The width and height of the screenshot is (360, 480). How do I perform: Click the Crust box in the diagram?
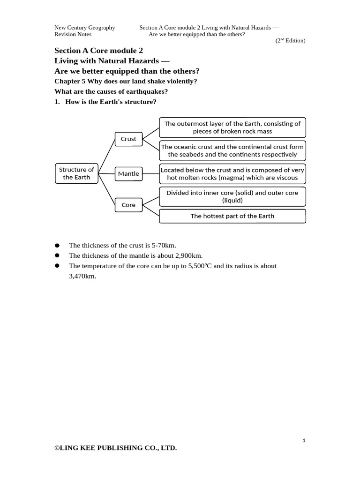click(x=128, y=139)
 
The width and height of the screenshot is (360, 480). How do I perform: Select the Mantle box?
click(x=128, y=173)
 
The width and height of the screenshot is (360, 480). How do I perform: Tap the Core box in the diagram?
click(x=128, y=205)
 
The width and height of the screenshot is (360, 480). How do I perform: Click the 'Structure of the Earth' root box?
click(x=76, y=173)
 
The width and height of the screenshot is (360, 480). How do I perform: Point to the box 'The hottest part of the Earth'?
click(x=232, y=216)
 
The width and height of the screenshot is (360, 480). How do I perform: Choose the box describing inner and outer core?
click(x=232, y=196)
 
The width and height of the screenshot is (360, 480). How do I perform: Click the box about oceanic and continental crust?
click(x=232, y=150)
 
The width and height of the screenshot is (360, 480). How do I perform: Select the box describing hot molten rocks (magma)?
click(x=232, y=174)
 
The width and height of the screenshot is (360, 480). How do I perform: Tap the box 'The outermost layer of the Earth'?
click(x=232, y=127)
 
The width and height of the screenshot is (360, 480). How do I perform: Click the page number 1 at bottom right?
click(x=304, y=440)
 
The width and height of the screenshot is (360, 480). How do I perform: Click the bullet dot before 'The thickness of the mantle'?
click(x=57, y=255)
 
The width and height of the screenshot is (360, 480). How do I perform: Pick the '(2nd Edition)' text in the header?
click(x=290, y=41)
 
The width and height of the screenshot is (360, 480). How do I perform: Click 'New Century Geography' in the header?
click(x=85, y=28)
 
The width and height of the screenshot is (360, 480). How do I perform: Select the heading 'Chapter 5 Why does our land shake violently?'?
click(x=126, y=81)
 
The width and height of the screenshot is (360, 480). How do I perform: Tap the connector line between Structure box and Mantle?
click(x=106, y=173)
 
